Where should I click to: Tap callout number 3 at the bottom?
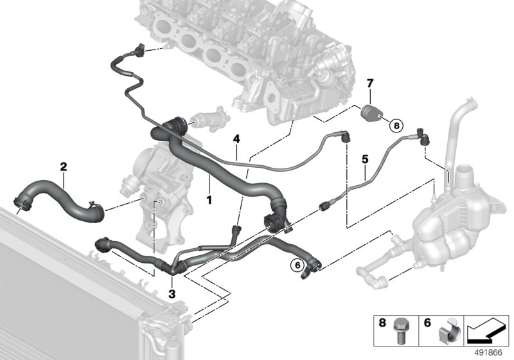(x=172, y=294)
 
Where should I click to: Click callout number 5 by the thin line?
(x=364, y=157)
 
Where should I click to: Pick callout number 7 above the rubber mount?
(x=369, y=84)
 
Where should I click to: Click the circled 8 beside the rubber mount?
(x=396, y=126)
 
